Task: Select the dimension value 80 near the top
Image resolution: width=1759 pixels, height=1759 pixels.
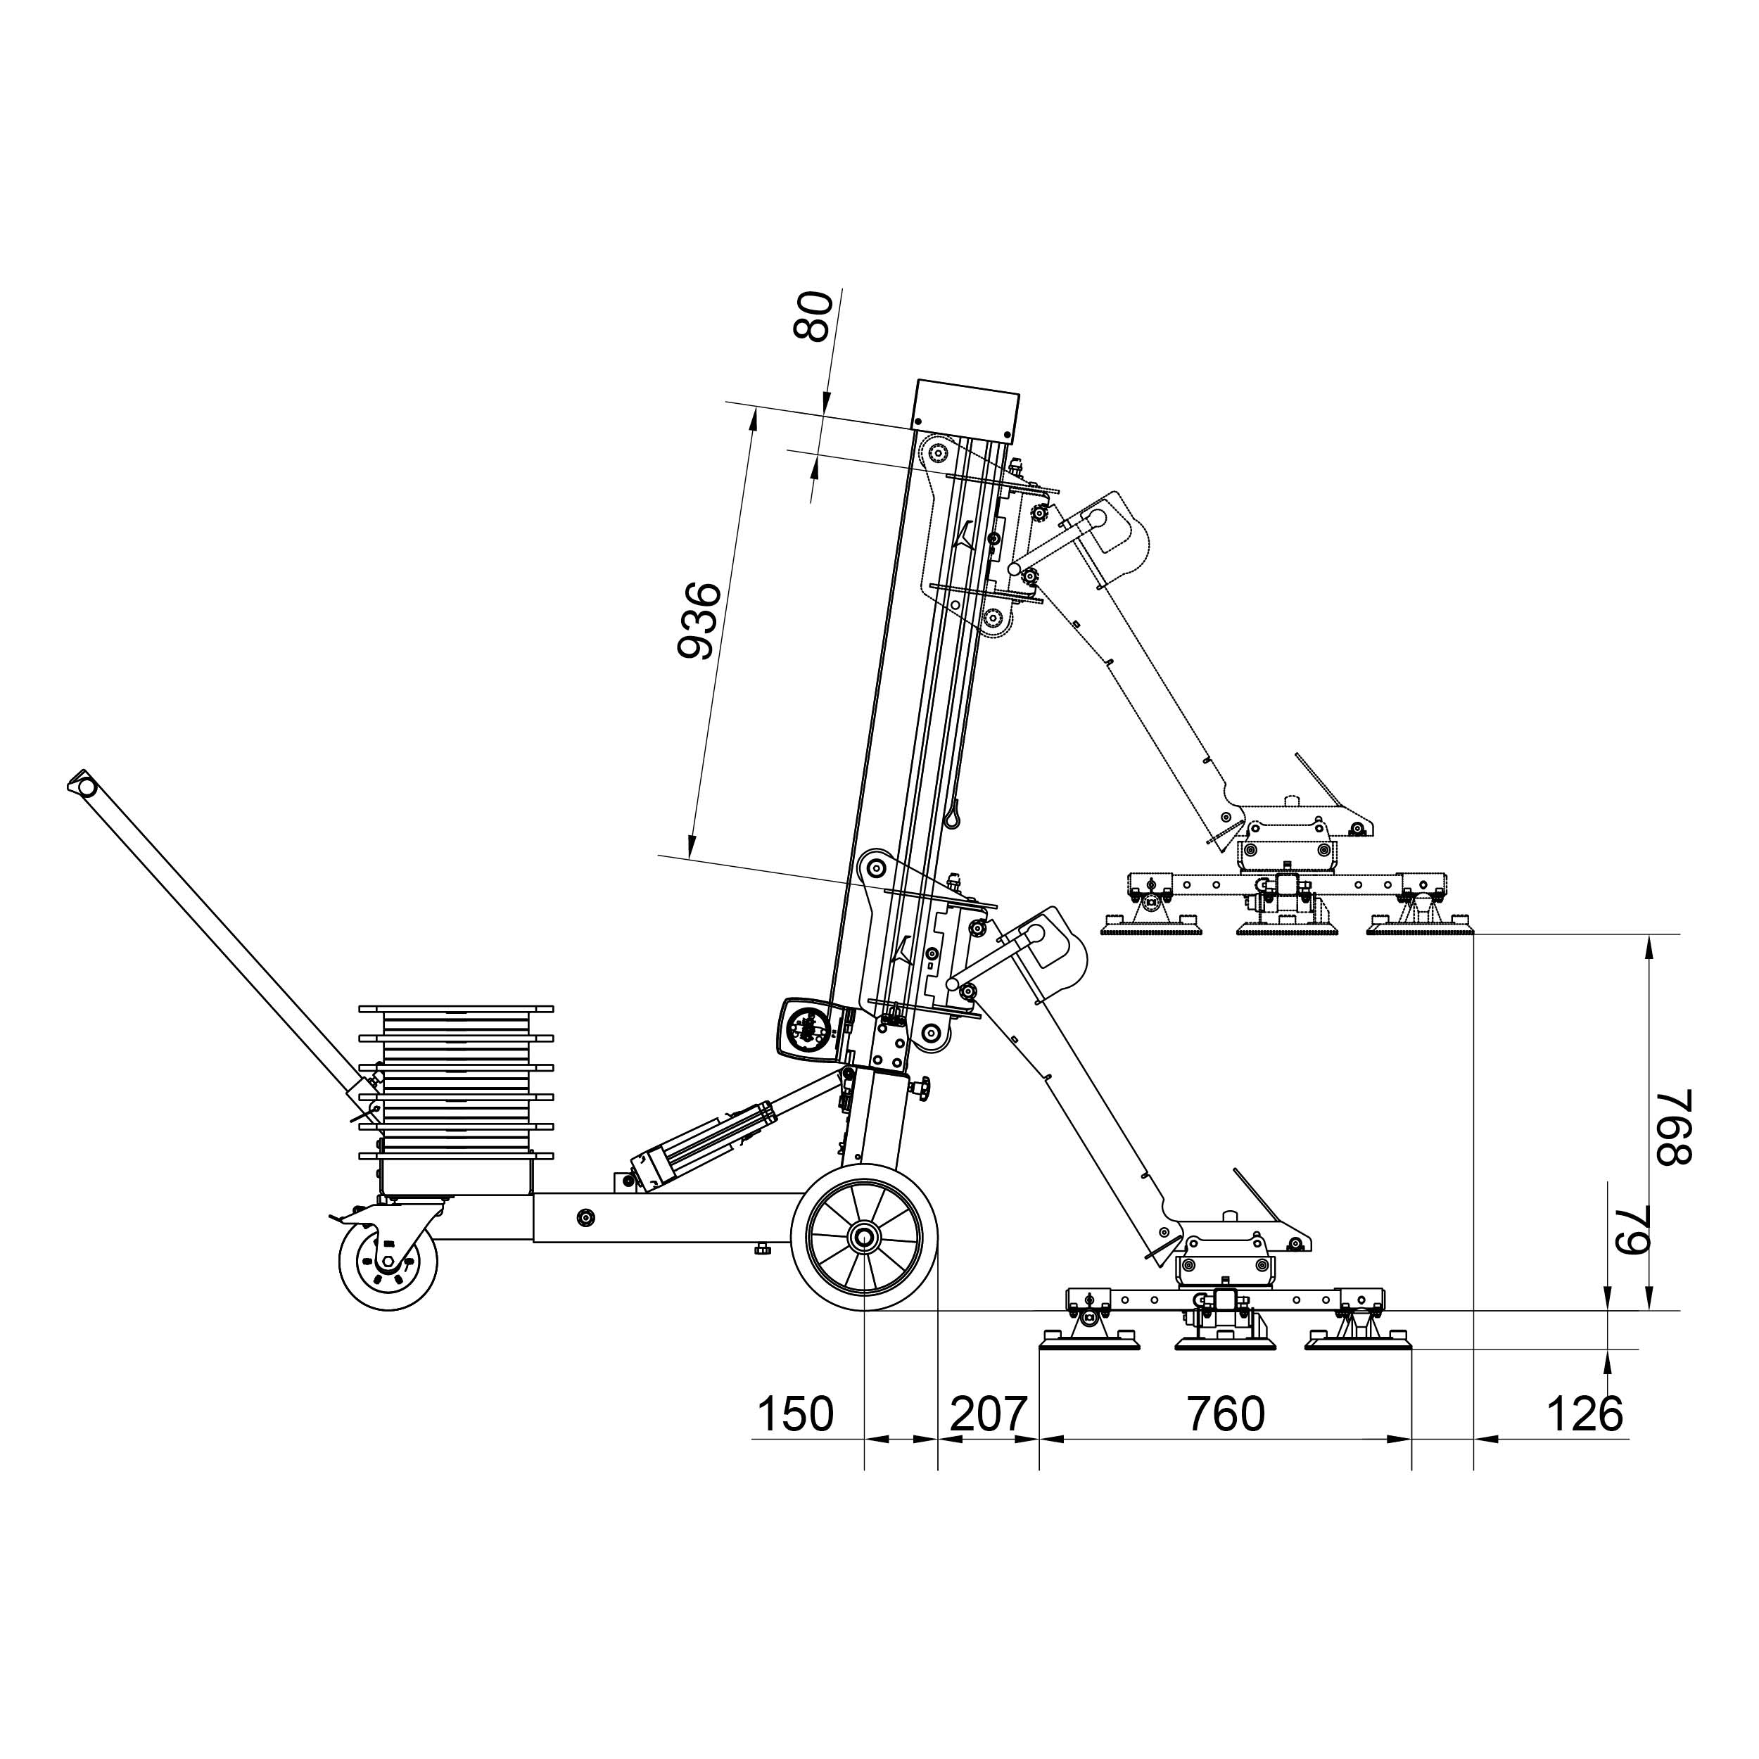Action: tap(813, 315)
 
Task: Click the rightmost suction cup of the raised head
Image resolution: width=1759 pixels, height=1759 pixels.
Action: tap(1421, 927)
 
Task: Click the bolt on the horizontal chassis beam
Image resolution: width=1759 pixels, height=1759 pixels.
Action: tap(586, 1217)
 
